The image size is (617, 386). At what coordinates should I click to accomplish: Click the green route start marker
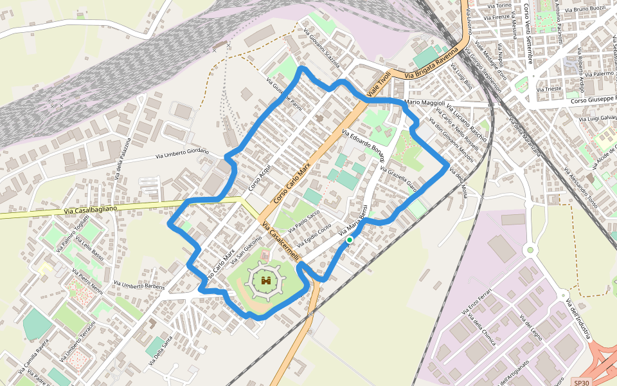pyautogui.click(x=349, y=240)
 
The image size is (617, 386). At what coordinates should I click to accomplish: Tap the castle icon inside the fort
pyautogui.click(x=266, y=281)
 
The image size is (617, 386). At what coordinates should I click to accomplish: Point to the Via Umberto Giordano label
pyautogui.click(x=183, y=154)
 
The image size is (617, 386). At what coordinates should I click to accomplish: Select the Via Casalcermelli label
pyautogui.click(x=282, y=241)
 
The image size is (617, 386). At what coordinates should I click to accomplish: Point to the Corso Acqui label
pyautogui.click(x=260, y=176)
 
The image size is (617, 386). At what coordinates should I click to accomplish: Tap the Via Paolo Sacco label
pyautogui.click(x=304, y=221)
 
